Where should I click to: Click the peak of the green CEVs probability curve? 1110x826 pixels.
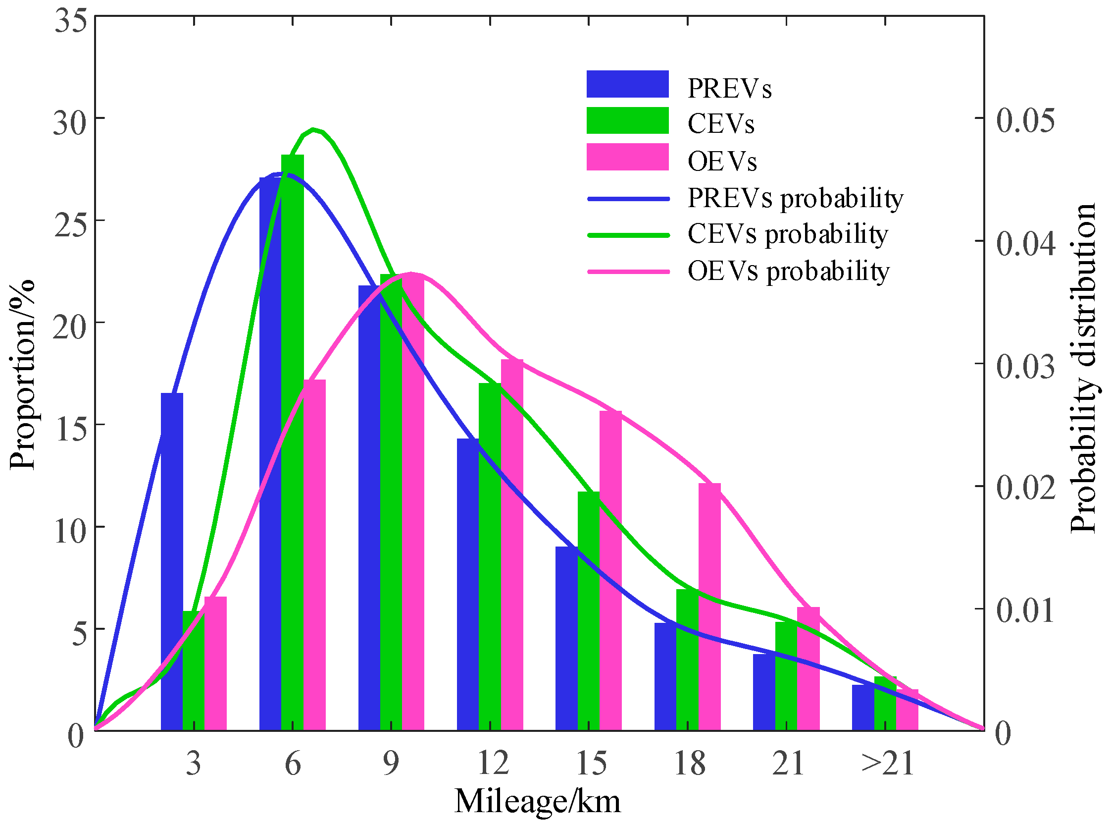[313, 129]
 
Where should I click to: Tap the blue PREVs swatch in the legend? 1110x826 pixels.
[627, 84]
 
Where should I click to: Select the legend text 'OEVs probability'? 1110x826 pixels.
[788, 272]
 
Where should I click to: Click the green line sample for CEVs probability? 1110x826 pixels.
[627, 235]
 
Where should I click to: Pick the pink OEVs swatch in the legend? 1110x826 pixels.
[627, 157]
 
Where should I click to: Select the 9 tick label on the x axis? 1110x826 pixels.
[391, 764]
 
